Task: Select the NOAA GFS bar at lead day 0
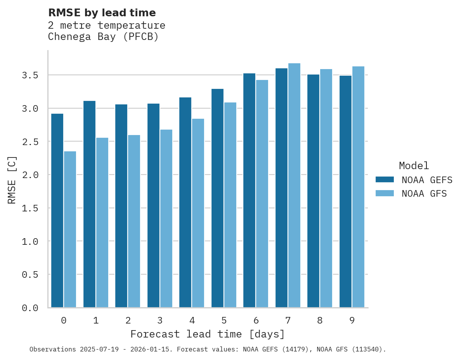tap(70, 229)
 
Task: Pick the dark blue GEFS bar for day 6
tap(249, 190)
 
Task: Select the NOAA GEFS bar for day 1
tap(89, 204)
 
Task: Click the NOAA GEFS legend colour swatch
tap(385, 180)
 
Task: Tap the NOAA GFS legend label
tap(424, 194)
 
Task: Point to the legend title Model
tap(414, 166)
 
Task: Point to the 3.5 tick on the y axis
tap(30, 75)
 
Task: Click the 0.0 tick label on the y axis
tap(30, 308)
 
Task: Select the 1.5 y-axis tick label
tap(30, 208)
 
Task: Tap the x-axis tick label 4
tap(192, 320)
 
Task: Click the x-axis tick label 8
tap(320, 320)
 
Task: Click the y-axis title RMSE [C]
tap(12, 180)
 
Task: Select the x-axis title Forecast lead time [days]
tap(208, 334)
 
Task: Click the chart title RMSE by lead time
tap(102, 13)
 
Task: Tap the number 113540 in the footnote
tap(366, 350)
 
